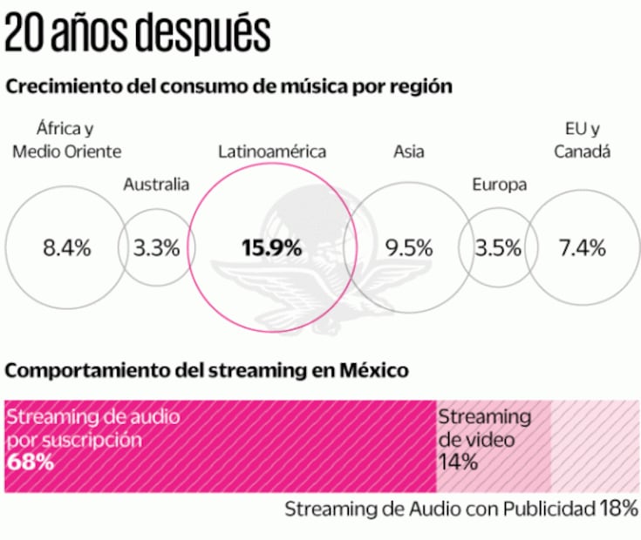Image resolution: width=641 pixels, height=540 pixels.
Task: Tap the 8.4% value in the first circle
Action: [66, 247]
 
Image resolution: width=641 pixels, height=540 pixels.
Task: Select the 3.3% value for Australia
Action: [157, 247]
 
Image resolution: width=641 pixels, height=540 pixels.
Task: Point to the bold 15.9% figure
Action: [271, 247]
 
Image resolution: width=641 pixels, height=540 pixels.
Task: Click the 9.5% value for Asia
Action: [409, 247]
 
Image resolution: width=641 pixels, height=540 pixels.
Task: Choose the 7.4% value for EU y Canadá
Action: [582, 247]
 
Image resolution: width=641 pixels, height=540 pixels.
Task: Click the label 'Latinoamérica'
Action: [271, 152]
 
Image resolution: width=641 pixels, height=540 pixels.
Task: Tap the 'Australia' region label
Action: [156, 184]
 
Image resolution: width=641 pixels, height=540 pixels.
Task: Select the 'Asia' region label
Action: [409, 152]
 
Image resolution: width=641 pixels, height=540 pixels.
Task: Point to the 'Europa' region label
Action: [499, 184]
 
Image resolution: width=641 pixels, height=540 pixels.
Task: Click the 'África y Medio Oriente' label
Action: [65, 140]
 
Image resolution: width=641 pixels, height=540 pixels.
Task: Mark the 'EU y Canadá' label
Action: [582, 140]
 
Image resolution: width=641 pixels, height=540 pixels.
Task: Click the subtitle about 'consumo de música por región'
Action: [228, 87]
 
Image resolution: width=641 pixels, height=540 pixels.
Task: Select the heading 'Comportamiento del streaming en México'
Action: [207, 370]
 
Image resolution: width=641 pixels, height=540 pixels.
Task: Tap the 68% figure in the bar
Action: [31, 462]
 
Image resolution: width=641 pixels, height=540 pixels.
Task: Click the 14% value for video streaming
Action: [458, 462]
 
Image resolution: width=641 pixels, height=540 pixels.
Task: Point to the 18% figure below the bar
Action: [619, 509]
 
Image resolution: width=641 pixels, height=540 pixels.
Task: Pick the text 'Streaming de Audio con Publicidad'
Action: [439, 510]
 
